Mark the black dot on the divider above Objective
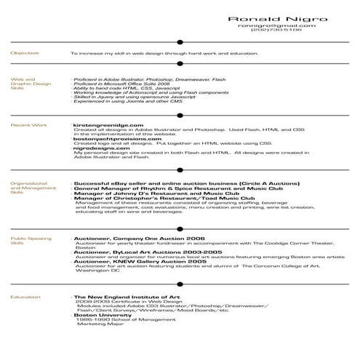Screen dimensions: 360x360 click(180, 41)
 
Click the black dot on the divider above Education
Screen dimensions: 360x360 click(180, 284)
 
